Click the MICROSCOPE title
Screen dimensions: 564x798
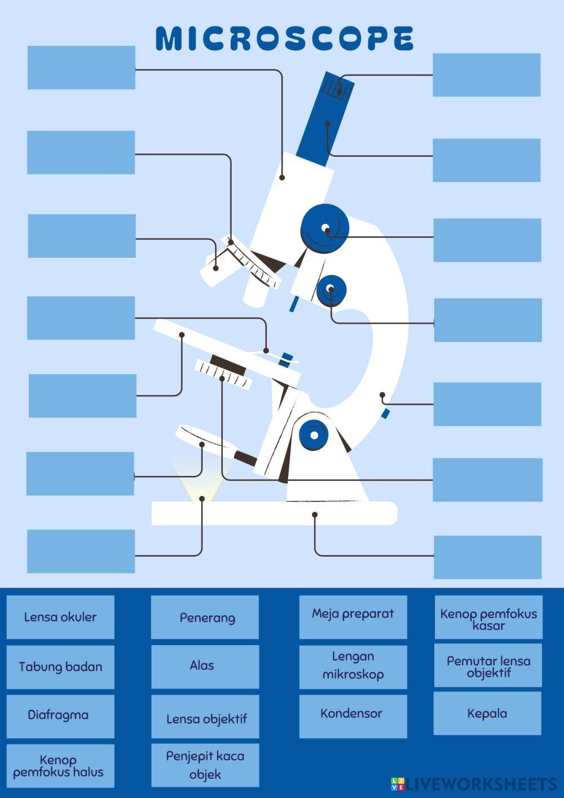(284, 38)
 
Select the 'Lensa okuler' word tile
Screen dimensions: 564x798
(60, 617)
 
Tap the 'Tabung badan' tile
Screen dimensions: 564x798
(60, 667)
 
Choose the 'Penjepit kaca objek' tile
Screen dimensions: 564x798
(205, 765)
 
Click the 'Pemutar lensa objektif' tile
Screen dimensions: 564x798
(488, 666)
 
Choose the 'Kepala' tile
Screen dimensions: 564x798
(488, 713)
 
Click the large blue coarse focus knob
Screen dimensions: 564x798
(324, 228)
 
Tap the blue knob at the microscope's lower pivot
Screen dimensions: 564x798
(313, 434)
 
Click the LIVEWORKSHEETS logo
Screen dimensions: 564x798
(474, 784)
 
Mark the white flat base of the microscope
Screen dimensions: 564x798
(274, 513)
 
